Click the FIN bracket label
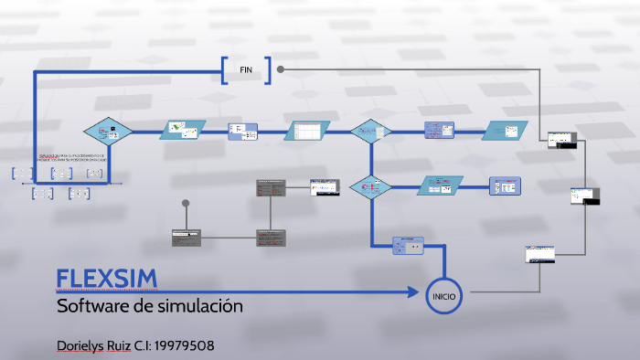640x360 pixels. [246, 70]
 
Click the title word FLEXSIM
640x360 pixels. [107, 279]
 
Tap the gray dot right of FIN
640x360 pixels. [281, 69]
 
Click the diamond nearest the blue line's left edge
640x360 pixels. [108, 132]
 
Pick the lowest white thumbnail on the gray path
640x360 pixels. [540, 255]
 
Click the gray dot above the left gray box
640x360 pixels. [186, 203]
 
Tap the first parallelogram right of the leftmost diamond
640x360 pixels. [183, 132]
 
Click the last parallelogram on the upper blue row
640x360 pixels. [506, 132]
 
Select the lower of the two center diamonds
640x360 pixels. [370, 187]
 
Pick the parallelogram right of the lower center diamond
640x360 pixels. [442, 186]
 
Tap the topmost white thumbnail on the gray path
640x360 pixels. [560, 140]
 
